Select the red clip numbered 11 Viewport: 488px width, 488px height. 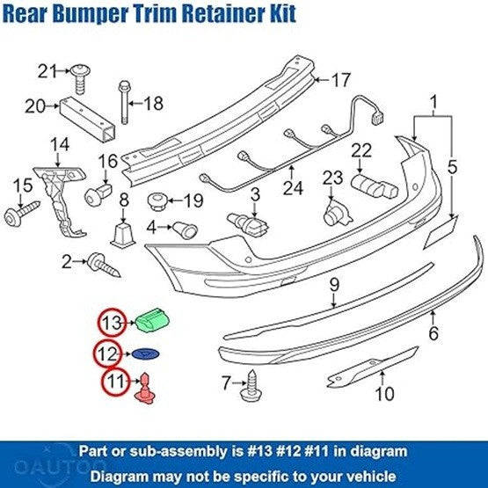[143, 387]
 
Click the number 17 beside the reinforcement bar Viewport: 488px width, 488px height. [339, 81]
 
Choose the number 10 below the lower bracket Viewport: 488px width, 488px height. [384, 394]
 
